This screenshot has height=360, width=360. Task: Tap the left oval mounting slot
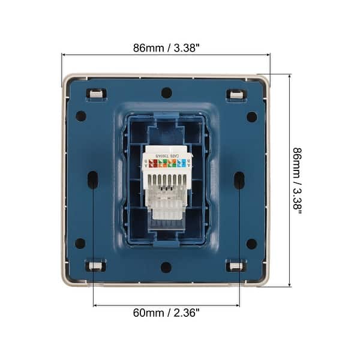93,179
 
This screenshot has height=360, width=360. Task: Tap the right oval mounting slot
239,179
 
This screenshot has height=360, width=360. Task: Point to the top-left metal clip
96,94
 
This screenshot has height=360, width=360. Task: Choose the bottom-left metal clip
96,266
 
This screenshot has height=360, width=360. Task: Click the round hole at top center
166,93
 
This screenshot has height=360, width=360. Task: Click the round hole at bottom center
166,267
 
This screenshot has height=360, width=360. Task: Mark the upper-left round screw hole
80,116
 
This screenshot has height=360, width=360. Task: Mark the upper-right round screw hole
252,116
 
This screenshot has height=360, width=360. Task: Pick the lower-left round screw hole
80,244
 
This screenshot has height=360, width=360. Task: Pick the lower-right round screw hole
252,244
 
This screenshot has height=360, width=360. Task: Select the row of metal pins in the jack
166,180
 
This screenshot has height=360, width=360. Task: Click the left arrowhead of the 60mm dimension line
95,305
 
